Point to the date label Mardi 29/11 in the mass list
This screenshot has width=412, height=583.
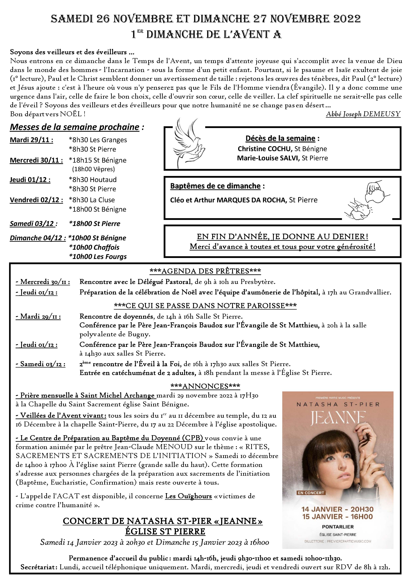pyautogui.click(x=31, y=140)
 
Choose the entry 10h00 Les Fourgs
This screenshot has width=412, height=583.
pyautogui.click(x=98, y=257)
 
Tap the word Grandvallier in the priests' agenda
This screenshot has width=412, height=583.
pyautogui.click(x=370, y=292)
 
